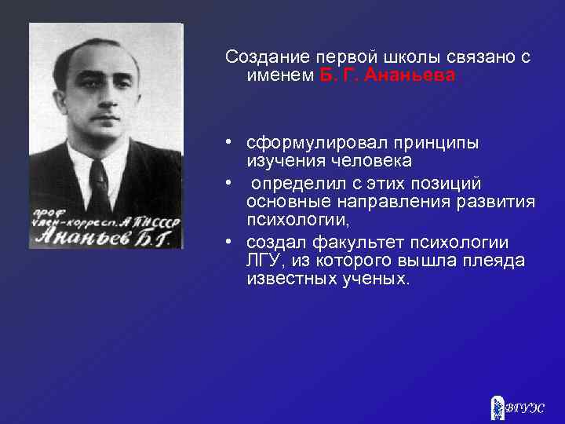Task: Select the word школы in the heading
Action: pyautogui.click(x=403, y=58)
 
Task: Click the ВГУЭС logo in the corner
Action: pyautogui.click(x=516, y=405)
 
